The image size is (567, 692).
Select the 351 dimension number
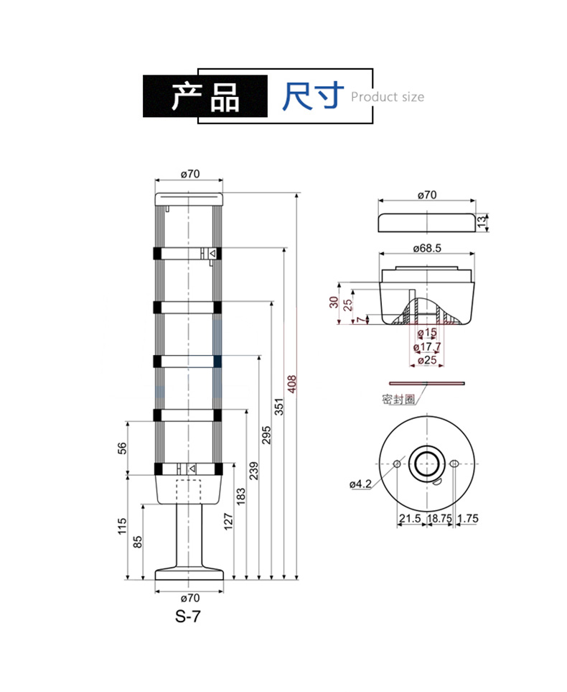[279, 407]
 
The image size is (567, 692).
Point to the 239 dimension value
[253, 471]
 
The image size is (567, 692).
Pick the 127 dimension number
[228, 521]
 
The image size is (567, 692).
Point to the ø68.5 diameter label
[427, 248]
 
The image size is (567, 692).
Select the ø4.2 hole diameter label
[360, 484]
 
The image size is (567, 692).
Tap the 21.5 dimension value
[410, 518]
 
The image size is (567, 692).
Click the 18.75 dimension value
[437, 518]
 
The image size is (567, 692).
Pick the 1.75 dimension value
[468, 518]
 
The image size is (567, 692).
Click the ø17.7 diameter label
[427, 347]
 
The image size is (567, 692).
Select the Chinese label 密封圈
[398, 400]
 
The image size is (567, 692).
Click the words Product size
[388, 97]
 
